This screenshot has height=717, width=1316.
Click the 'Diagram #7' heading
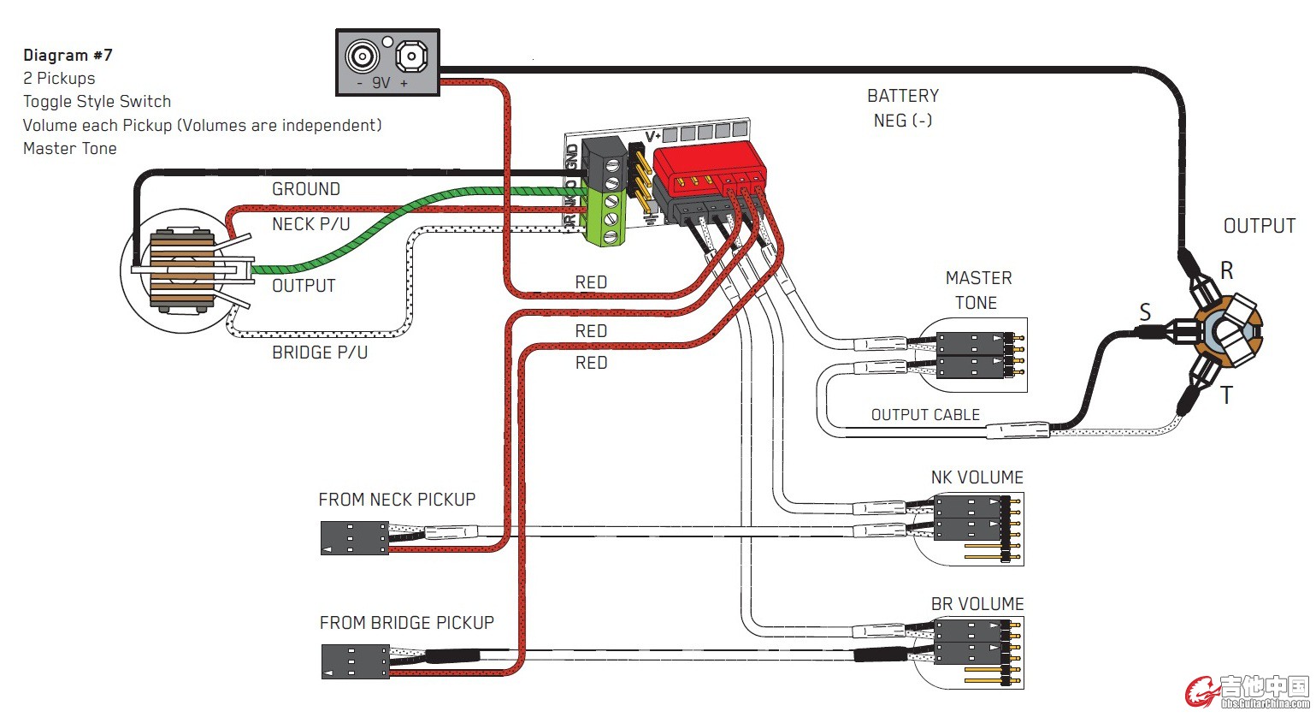(x=68, y=56)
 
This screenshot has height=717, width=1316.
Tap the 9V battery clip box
(x=387, y=62)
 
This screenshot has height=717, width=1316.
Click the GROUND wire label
(x=305, y=189)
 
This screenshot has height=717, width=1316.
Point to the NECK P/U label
(x=310, y=224)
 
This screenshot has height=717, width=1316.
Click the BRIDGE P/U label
(x=319, y=353)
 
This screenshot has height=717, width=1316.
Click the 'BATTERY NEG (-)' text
(x=902, y=108)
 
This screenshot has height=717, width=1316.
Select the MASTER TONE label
(x=977, y=290)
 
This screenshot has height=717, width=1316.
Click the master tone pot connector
(x=980, y=355)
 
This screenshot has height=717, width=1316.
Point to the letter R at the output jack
(x=1226, y=271)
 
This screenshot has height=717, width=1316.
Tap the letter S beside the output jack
(x=1145, y=312)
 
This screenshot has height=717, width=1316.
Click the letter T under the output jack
(x=1226, y=395)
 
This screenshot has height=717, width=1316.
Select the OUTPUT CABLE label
(x=925, y=415)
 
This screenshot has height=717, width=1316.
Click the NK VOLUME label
(x=977, y=477)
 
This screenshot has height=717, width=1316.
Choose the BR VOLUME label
(x=977, y=604)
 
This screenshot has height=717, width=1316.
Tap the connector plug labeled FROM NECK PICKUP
(x=354, y=538)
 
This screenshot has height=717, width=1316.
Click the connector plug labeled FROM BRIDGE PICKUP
(x=355, y=661)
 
